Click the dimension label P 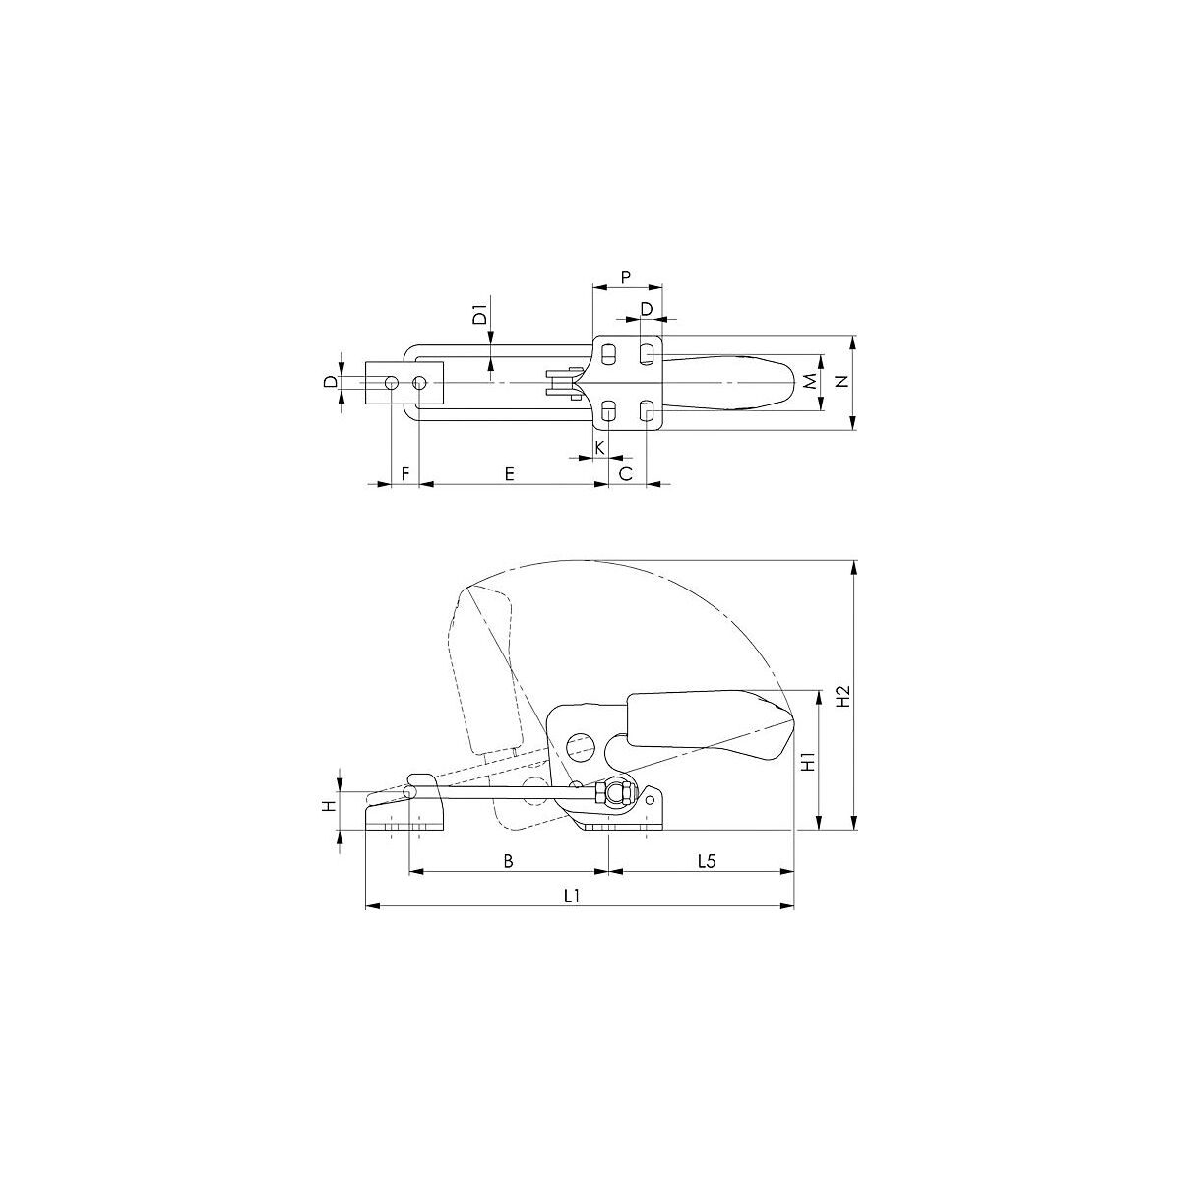(x=625, y=277)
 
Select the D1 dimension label (x=481, y=314)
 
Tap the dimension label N (x=842, y=381)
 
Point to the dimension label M (x=810, y=382)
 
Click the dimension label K (x=600, y=448)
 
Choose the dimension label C (x=625, y=473)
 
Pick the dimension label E (x=509, y=473)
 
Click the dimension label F (x=404, y=473)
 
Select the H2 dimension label (x=843, y=696)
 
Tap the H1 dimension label (x=809, y=761)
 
